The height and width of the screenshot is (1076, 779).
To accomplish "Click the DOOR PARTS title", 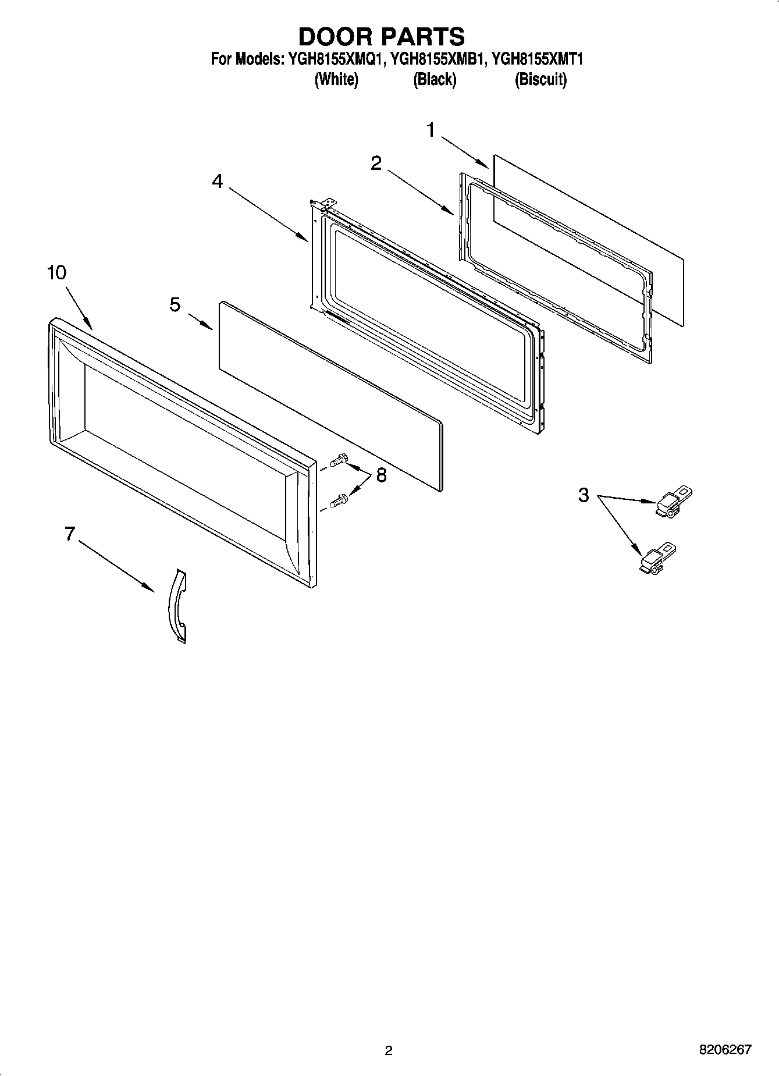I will (x=382, y=36).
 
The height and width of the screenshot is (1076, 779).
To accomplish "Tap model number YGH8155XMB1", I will (x=437, y=59).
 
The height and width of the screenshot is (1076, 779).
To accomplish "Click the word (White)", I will (x=336, y=80).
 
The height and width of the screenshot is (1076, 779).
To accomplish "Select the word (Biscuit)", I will (x=540, y=80).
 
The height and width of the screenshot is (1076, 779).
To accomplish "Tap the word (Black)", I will (x=435, y=80).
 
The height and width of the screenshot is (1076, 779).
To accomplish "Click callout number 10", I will (x=56, y=272).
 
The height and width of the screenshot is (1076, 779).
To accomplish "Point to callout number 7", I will (x=70, y=533).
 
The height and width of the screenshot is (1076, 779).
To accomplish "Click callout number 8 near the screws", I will (x=381, y=475).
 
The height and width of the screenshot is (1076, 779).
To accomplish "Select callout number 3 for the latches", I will (x=584, y=495).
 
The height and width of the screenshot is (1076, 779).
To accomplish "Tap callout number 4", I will (x=217, y=182).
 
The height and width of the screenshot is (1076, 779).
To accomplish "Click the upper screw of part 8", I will (x=338, y=461).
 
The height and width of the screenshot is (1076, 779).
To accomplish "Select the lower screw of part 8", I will (x=338, y=500).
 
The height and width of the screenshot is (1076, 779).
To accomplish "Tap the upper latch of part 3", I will (x=674, y=503).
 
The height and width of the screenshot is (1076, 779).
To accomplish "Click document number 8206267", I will (x=725, y=1050).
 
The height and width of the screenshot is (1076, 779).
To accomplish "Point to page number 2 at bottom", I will (x=389, y=1050).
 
